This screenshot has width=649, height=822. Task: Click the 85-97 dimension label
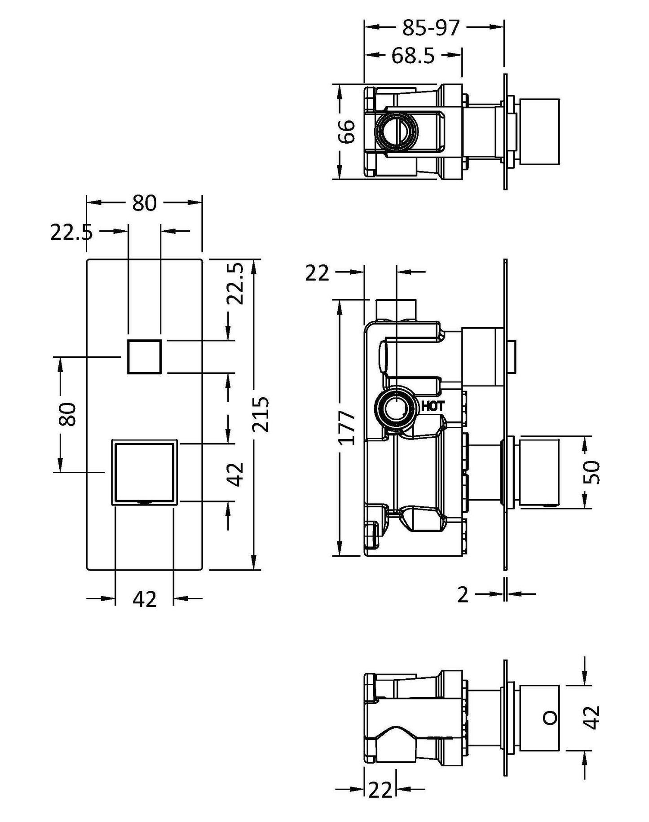tap(430, 28)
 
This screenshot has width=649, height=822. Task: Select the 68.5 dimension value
tap(412, 56)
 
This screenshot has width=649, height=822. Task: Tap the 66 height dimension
tap(347, 131)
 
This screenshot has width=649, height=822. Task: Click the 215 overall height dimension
tap(260, 413)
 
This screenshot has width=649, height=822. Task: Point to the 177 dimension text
tap(347, 427)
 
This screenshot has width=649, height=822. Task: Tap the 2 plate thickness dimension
tap(463, 595)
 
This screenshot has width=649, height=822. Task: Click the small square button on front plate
tap(144, 356)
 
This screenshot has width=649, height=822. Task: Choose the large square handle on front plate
tap(144, 472)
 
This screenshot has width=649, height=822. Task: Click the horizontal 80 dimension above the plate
tap(144, 203)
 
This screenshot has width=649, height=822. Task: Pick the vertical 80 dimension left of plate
tap(68, 414)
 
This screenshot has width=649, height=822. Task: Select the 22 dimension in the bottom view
tap(380, 802)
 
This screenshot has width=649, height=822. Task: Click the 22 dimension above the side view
tap(317, 273)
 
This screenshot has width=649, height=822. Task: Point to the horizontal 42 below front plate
tap(144, 599)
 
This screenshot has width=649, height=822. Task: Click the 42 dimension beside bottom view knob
tap(593, 717)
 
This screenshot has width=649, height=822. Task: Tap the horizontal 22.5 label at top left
tap(71, 233)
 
